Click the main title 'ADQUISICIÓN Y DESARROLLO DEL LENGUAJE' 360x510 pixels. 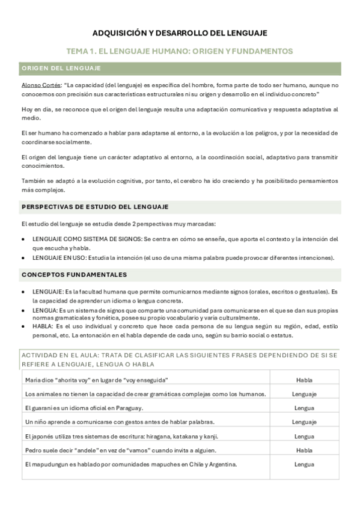click(180, 33)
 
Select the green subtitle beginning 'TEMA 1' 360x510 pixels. click(180, 51)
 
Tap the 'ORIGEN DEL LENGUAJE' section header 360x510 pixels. click(61, 69)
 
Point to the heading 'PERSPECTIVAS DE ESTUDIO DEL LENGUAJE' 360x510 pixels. click(95, 207)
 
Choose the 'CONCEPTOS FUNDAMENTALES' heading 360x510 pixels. click(74, 275)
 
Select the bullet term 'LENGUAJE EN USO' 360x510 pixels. click(59, 258)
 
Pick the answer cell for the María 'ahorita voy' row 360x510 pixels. click(304, 380)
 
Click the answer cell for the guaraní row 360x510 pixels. click(304, 408)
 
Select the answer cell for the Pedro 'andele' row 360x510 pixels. click(304, 450)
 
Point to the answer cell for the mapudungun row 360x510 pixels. click(304, 464)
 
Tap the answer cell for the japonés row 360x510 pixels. click(304, 436)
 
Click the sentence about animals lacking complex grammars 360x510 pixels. click(146, 394)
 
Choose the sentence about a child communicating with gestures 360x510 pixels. click(120, 422)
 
